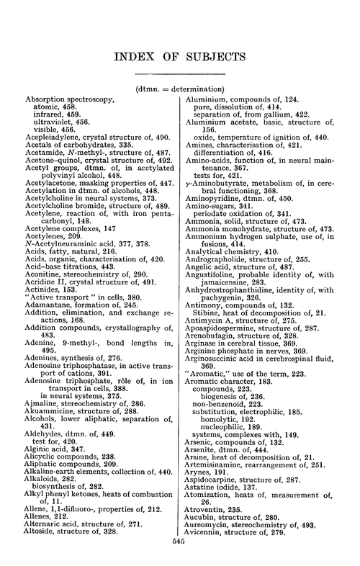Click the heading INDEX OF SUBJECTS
(x=180, y=55)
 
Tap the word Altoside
(x=42, y=537)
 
